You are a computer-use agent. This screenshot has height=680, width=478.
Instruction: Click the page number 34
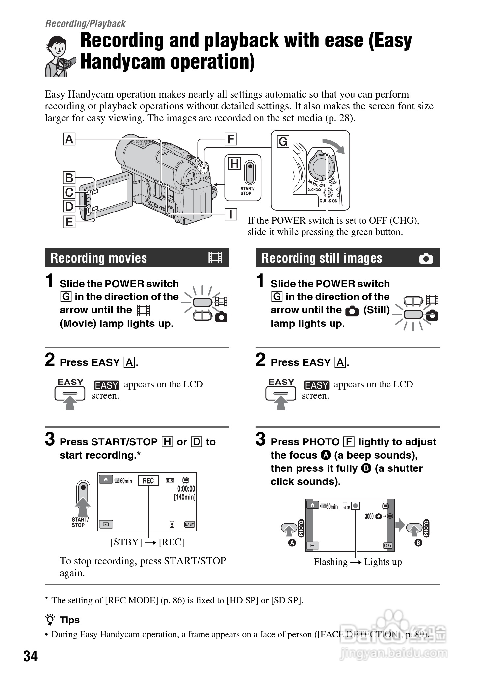pyautogui.click(x=30, y=656)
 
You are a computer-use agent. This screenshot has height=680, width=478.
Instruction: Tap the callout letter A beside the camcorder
pyautogui.click(x=69, y=139)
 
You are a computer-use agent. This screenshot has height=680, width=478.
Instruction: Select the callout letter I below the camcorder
pyautogui.click(x=231, y=214)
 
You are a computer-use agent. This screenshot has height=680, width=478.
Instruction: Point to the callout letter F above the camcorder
pyautogui.click(x=231, y=139)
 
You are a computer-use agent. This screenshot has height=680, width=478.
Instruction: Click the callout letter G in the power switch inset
pyautogui.click(x=283, y=142)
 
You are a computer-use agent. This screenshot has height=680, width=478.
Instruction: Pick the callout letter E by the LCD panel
pyautogui.click(x=69, y=222)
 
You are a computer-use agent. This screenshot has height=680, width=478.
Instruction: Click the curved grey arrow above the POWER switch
pyautogui.click(x=334, y=145)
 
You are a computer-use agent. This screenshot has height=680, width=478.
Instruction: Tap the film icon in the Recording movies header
pyautogui.click(x=215, y=258)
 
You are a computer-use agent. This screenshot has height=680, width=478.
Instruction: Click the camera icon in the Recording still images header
pyautogui.click(x=426, y=258)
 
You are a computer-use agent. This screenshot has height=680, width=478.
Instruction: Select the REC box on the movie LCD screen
pyautogui.click(x=148, y=481)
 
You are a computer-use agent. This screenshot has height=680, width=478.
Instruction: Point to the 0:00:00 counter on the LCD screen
pyautogui.click(x=186, y=489)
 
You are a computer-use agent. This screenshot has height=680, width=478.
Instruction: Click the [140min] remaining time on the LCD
pyautogui.click(x=185, y=497)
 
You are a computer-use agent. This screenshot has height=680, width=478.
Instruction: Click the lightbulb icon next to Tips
pyautogui.click(x=51, y=620)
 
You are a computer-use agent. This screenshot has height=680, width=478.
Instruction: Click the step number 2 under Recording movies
pyautogui.click(x=50, y=360)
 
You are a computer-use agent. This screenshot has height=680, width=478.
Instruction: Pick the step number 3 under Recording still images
pyautogui.click(x=260, y=439)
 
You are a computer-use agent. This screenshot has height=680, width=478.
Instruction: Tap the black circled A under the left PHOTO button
pyautogui.click(x=292, y=543)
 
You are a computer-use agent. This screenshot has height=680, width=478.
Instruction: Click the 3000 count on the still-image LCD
pyautogui.click(x=369, y=516)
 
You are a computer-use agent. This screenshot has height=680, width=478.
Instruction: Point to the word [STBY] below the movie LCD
pyautogui.click(x=126, y=542)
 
